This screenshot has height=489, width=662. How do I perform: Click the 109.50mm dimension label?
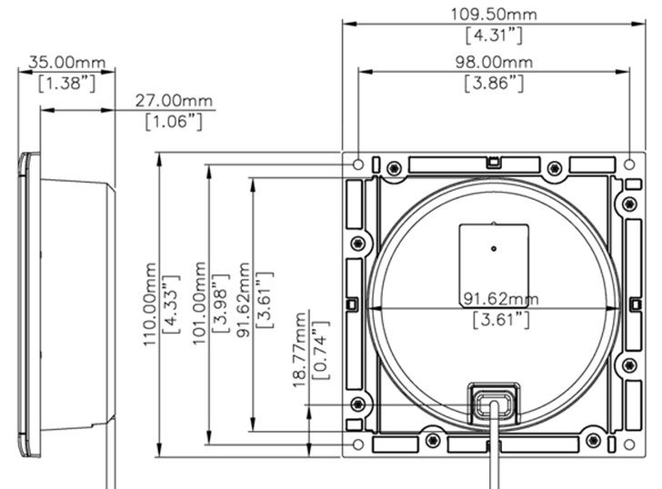pyautogui.click(x=494, y=13)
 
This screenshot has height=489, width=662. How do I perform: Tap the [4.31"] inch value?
pyautogui.click(x=494, y=35)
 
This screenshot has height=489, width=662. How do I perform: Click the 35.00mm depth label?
pyautogui.click(x=66, y=62)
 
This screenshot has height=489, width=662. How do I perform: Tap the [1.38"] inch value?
pyautogui.click(x=66, y=83)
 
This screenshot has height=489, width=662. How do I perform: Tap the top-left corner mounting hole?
pyautogui.click(x=359, y=165)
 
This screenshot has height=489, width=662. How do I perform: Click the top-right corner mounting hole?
pyautogui.click(x=629, y=165)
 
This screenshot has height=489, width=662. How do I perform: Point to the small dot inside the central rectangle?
pyautogui.click(x=492, y=247)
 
